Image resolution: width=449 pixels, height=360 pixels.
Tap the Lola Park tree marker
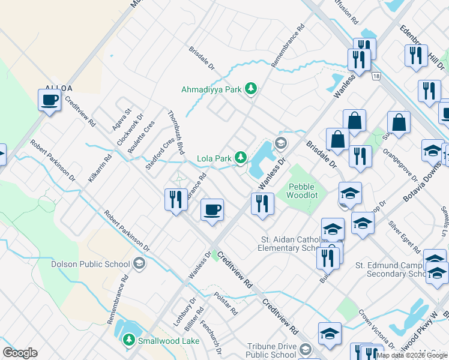241,158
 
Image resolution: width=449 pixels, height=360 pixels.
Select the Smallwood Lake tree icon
128,340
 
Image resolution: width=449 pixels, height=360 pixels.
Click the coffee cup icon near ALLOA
50,100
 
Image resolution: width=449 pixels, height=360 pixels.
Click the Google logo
20,353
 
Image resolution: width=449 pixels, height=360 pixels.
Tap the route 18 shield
376,76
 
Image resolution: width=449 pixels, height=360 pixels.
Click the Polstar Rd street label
226,304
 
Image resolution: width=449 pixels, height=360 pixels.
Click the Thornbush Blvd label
176,132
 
